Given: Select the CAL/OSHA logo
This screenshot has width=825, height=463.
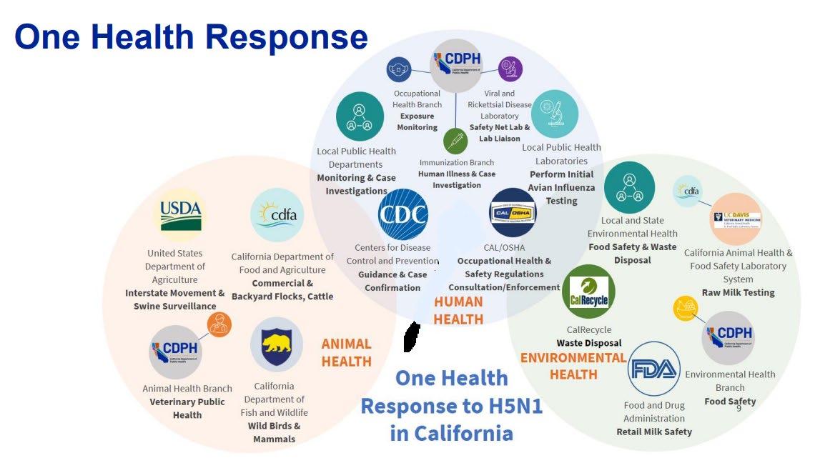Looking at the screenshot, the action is click(513, 212).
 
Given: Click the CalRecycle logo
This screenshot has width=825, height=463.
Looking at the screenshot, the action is click(588, 292).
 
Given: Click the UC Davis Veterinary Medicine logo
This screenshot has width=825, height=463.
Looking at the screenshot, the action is click(736, 219).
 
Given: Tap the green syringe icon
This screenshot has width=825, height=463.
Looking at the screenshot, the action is click(455, 141).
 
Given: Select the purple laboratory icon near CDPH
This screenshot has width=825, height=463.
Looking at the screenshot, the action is click(510, 69).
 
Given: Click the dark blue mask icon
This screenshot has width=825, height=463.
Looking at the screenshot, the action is click(399, 69).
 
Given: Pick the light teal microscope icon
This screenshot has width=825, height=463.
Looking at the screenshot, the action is click(555, 114).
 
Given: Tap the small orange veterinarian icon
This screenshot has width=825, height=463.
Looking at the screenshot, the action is click(219, 324).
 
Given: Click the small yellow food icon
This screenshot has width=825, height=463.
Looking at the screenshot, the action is click(686, 309).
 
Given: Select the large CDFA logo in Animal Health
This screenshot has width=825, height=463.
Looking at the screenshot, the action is click(277, 214).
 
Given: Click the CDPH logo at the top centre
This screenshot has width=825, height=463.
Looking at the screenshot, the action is click(456, 65).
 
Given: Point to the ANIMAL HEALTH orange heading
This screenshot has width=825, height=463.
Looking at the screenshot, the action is click(346, 352).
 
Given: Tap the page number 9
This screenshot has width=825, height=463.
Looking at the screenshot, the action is click(738, 407).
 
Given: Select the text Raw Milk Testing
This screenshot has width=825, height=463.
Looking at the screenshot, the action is click(738, 292).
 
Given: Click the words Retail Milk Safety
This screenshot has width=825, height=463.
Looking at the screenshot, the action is click(654, 432).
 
